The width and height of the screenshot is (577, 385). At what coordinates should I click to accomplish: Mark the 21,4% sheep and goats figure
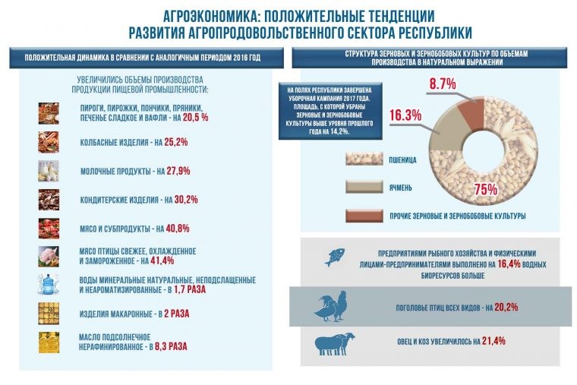coord(493,342)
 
